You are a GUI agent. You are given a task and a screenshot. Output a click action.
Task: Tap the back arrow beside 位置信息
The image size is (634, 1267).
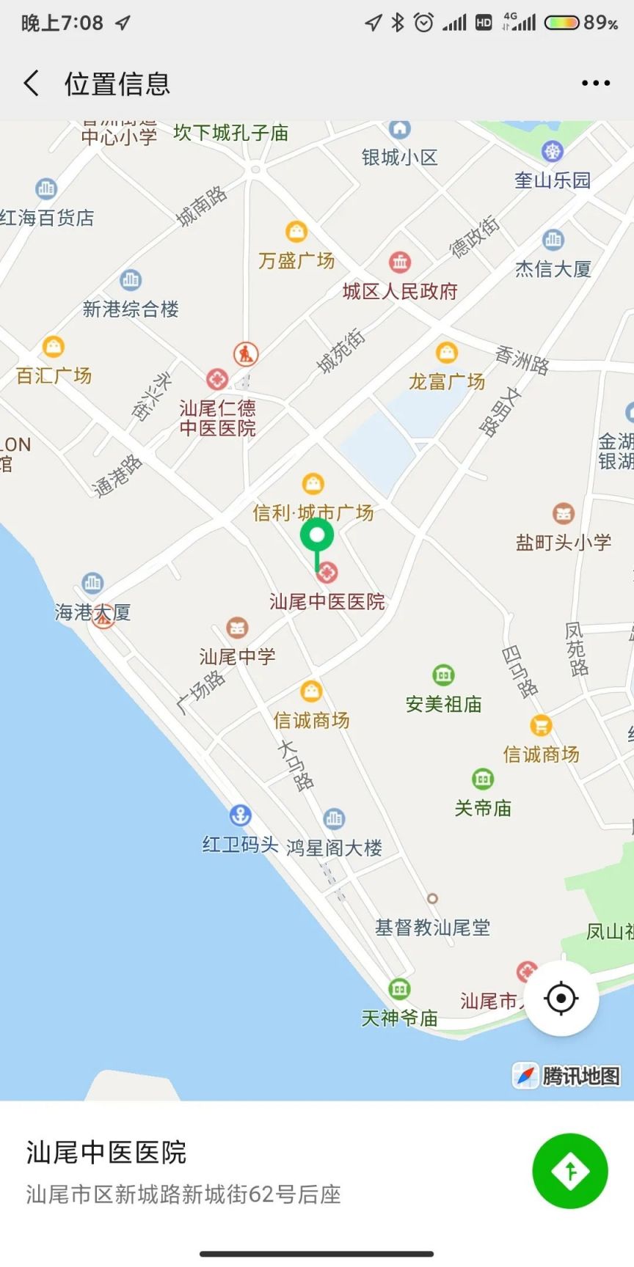31,84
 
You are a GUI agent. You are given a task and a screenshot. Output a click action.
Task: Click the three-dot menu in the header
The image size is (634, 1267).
595,84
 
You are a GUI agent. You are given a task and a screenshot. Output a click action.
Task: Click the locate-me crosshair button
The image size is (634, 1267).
561,998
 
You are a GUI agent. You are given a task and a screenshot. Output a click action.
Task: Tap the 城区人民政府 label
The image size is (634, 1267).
400,292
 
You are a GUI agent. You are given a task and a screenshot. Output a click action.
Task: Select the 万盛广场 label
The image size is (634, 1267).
296,260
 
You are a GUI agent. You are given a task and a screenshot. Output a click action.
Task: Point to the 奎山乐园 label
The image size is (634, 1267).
553,180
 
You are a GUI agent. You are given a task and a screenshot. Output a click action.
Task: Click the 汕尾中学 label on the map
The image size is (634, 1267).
237,656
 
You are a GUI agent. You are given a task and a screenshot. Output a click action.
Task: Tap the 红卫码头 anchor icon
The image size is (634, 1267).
240,815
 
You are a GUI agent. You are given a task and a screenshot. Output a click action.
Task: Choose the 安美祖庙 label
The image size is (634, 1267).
443,705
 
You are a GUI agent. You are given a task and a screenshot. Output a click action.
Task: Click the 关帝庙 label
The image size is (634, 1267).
483,808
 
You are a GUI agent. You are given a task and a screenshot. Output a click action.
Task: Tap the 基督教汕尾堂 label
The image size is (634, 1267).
433,928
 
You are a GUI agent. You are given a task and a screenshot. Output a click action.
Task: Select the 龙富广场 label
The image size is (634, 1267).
447,381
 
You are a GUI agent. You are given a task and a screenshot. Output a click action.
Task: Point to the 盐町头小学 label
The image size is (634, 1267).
564,543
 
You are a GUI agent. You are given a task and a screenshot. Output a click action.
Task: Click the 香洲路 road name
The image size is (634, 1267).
522,360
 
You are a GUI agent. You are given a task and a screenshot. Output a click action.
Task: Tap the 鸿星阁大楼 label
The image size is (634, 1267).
335,848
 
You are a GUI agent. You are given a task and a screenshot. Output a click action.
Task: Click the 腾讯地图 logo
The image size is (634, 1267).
567,1076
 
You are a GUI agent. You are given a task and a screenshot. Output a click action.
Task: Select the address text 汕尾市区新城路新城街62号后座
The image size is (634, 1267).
183,1194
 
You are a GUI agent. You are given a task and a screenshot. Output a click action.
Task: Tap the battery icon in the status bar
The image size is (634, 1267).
562,23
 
